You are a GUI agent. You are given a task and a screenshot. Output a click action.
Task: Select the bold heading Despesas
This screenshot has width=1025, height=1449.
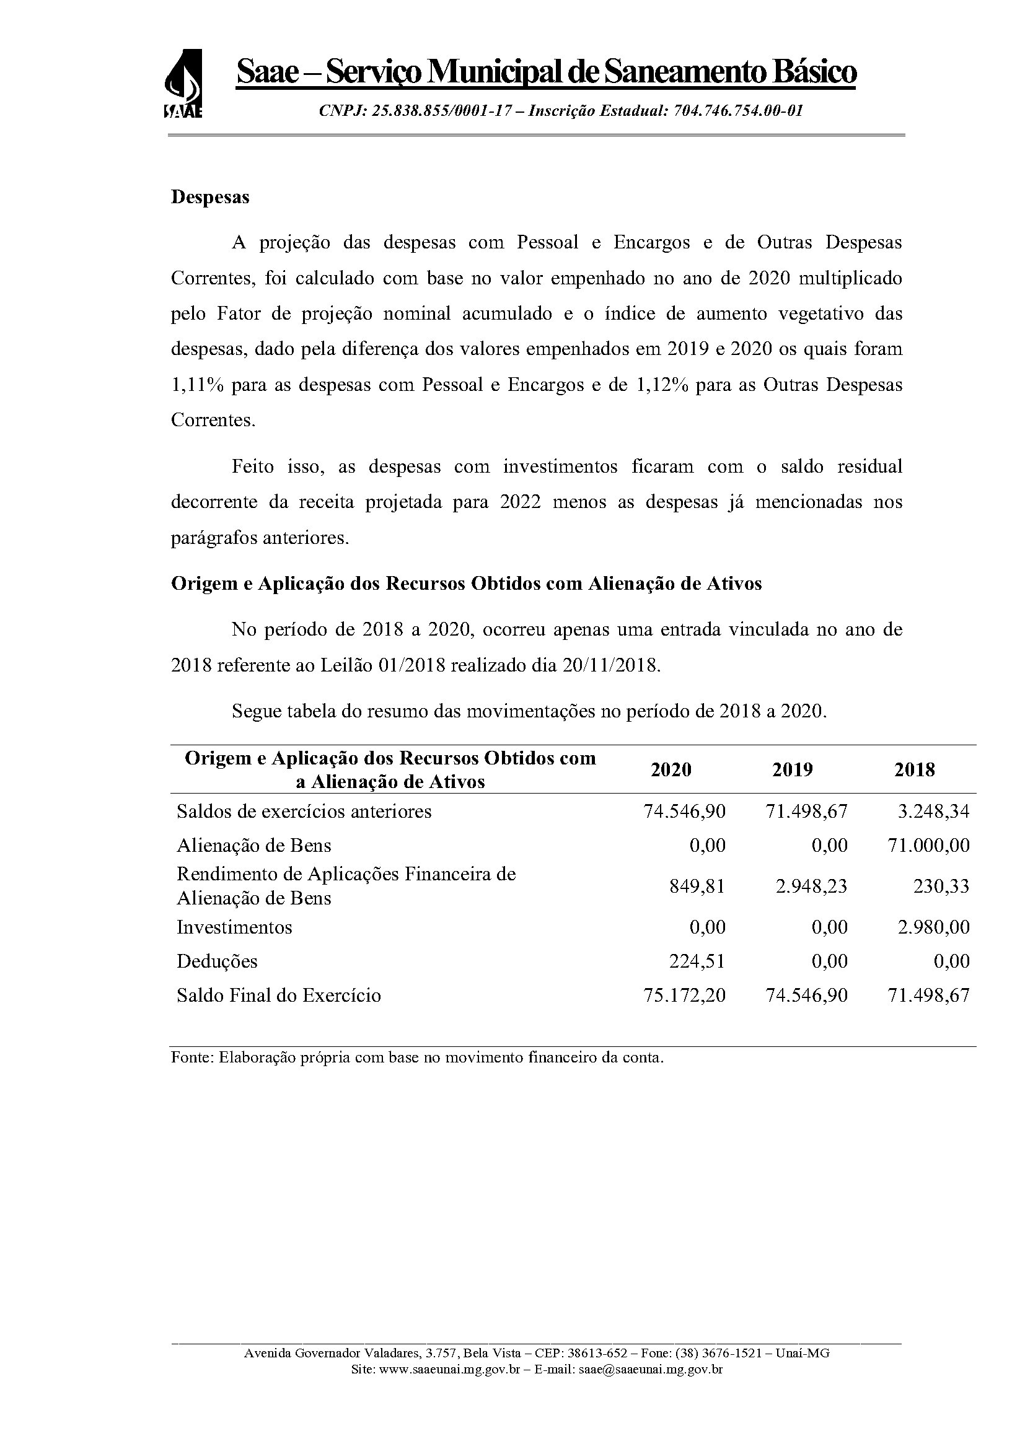(x=210, y=198)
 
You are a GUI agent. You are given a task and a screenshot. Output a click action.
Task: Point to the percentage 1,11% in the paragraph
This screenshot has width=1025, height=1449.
(x=197, y=385)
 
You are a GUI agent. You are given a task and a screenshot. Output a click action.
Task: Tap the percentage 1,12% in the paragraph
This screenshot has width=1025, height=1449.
(x=656, y=385)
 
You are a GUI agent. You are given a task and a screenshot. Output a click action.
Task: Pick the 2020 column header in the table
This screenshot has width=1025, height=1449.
(x=671, y=769)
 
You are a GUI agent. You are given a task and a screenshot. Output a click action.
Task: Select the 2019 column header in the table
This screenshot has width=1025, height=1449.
(x=793, y=769)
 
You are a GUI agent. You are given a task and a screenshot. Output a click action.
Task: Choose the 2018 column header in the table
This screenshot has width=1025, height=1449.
(x=915, y=769)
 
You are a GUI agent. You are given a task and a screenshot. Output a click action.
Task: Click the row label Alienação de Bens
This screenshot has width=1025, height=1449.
(x=253, y=846)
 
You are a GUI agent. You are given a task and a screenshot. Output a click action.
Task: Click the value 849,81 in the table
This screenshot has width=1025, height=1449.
(x=697, y=886)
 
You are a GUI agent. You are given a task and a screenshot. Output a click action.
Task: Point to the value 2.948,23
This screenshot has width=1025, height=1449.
(x=812, y=886)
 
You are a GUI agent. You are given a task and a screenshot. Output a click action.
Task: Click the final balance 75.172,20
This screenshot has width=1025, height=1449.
(x=685, y=996)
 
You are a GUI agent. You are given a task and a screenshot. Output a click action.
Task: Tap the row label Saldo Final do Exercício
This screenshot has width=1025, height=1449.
(x=279, y=996)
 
